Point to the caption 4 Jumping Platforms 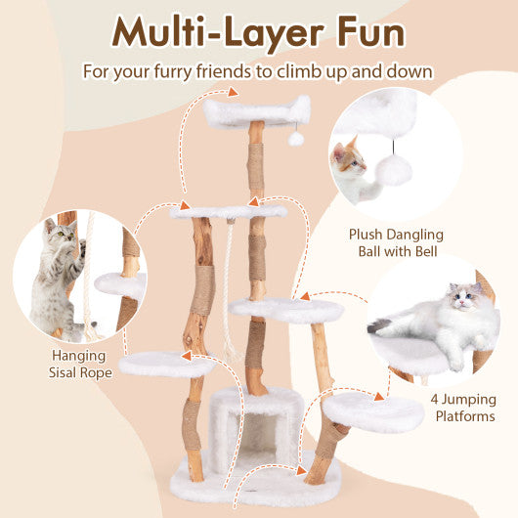point(462,408)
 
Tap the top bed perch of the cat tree point(256,110)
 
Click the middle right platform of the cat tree point(287,309)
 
